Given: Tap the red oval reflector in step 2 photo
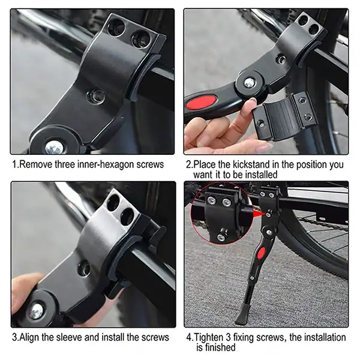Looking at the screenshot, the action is pyautogui.click(x=202, y=102).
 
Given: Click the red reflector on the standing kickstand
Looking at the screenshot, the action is pyautogui.click(x=262, y=253).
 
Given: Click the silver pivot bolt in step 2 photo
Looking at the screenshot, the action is pyautogui.click(x=250, y=82).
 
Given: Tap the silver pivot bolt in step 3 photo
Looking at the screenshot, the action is pyautogui.click(x=37, y=311).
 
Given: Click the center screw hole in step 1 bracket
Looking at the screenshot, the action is pyautogui.click(x=96, y=97).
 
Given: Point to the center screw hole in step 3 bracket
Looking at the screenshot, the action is pyautogui.click(x=84, y=269).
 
